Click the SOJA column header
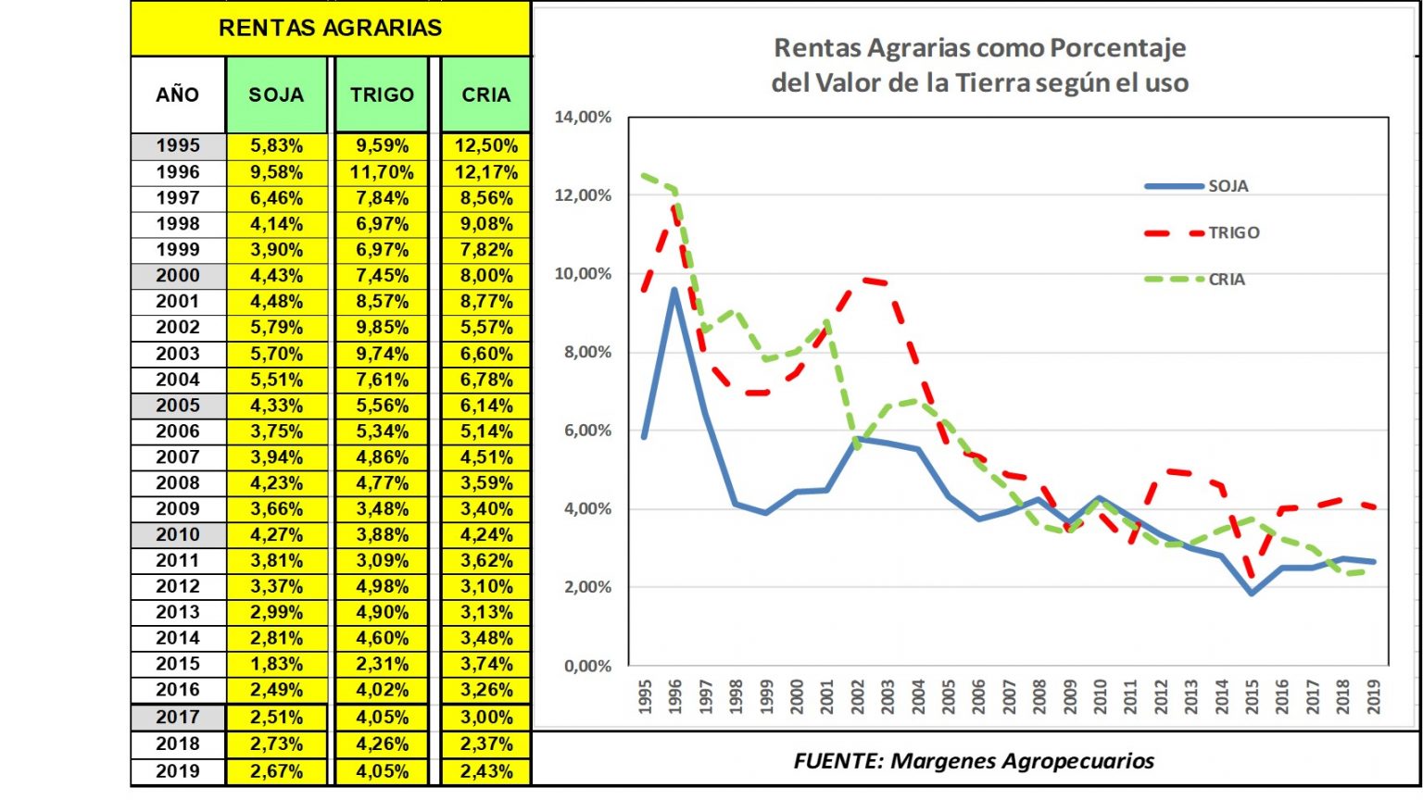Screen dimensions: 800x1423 click(276, 94)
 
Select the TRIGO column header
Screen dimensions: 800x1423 click(382, 94)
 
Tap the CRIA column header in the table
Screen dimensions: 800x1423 click(485, 94)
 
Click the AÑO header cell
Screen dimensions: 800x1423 click(178, 94)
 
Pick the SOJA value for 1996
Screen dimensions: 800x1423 click(276, 172)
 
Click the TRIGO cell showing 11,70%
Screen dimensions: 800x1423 click(382, 172)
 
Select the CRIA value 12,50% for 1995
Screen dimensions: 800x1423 click(485, 146)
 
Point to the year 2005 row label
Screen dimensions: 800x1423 click(178, 406)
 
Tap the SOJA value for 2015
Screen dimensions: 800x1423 click(276, 664)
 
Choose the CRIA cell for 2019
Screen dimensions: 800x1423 click(485, 771)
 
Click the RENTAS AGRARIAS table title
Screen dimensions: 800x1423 click(330, 28)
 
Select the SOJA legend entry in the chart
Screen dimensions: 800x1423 click(1228, 186)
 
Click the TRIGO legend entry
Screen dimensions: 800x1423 click(1233, 232)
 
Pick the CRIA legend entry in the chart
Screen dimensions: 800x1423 click(1227, 280)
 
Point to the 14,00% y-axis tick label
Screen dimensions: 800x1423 click(583, 118)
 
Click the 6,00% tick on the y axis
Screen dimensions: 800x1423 click(586, 431)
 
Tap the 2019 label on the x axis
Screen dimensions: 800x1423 click(1373, 696)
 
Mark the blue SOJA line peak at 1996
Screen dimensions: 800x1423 click(674, 290)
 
